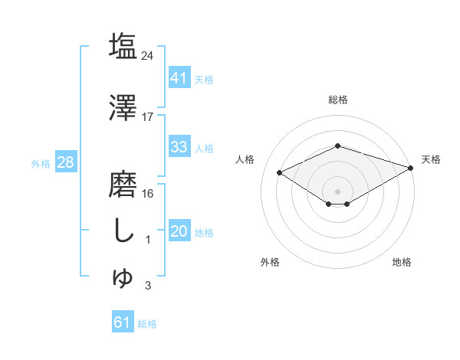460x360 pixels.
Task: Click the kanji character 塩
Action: click(x=123, y=46)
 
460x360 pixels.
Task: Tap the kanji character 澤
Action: click(x=123, y=109)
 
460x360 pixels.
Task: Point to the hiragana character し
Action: click(x=123, y=231)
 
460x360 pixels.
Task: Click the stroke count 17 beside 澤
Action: click(x=148, y=117)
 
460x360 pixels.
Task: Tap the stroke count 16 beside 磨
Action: click(x=148, y=193)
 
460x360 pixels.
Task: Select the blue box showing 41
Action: click(x=179, y=78)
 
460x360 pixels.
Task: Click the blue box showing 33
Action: click(x=179, y=148)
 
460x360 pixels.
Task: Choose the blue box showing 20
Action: click(x=179, y=232)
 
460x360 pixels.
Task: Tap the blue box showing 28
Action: click(x=65, y=162)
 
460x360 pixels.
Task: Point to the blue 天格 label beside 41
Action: click(x=204, y=79)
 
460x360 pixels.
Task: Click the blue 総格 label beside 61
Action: click(x=147, y=323)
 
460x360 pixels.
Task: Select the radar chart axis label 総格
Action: click(x=338, y=100)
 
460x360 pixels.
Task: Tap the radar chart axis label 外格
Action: click(x=270, y=263)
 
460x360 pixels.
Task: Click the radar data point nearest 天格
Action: click(x=411, y=168)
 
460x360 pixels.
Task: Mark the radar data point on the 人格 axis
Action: click(x=280, y=172)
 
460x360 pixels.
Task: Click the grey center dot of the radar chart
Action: click(x=338, y=191)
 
